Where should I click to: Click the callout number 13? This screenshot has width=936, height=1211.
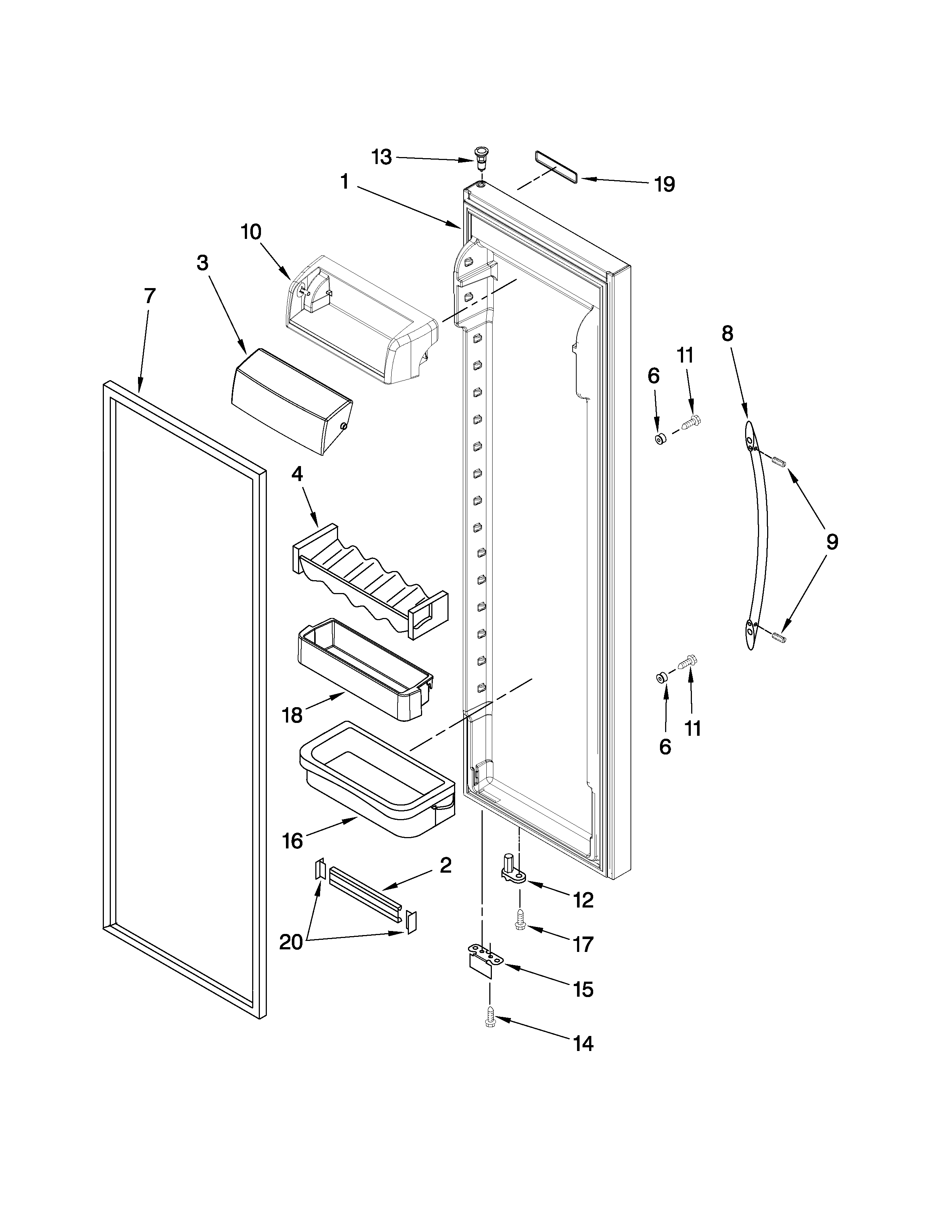pyautogui.click(x=381, y=157)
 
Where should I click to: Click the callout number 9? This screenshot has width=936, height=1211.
pyautogui.click(x=832, y=542)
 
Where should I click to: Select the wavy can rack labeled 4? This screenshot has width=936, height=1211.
pyautogui.click(x=370, y=580)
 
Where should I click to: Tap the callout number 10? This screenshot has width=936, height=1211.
pyautogui.click(x=251, y=232)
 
